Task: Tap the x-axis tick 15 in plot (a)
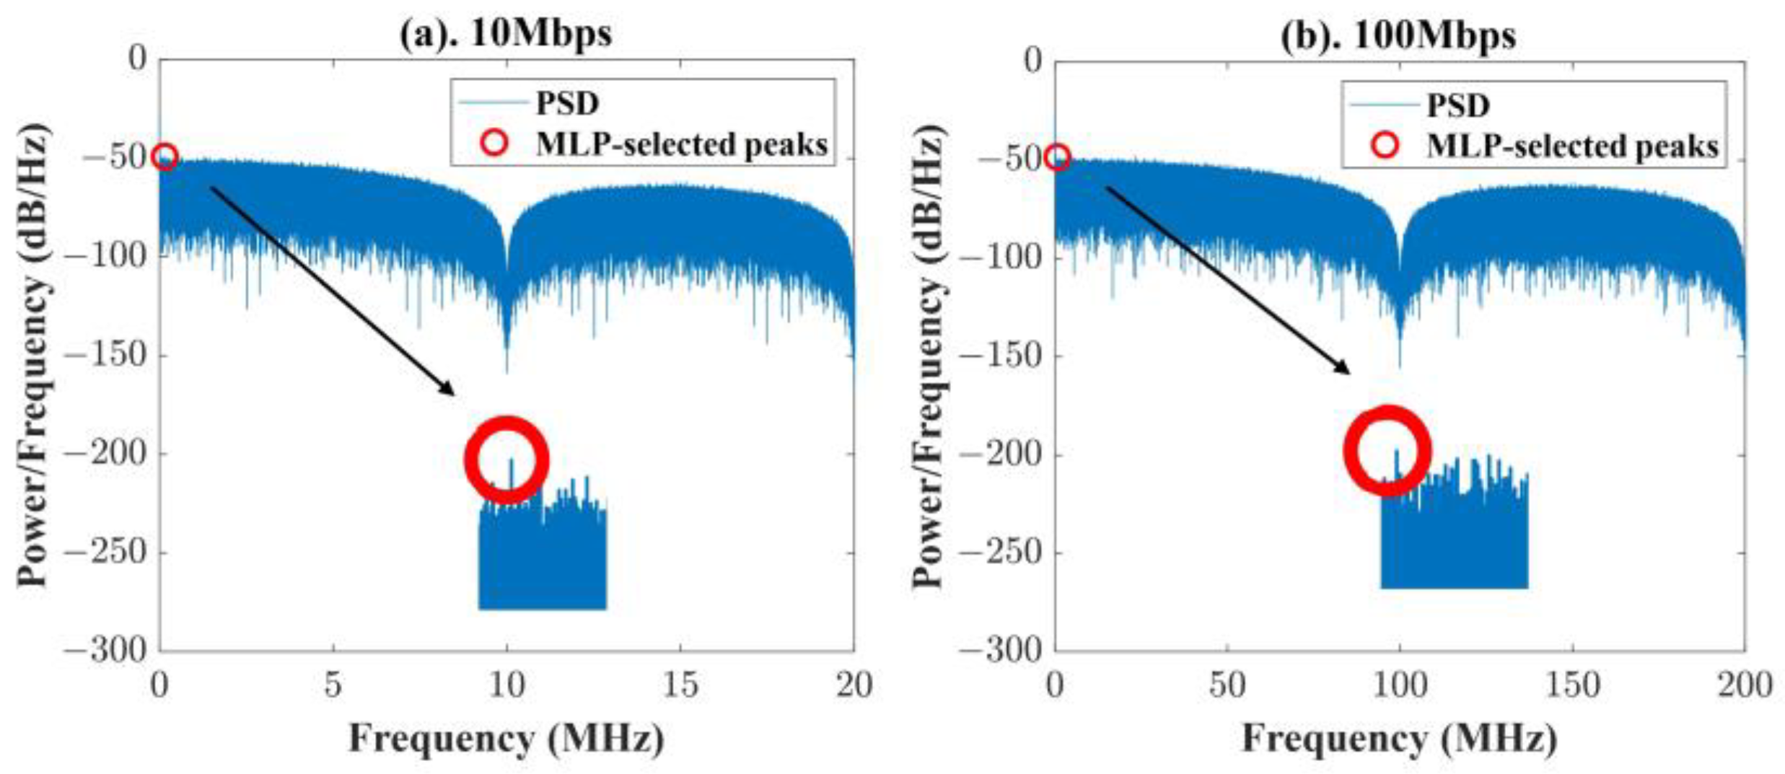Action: (680, 684)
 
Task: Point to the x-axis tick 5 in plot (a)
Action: (333, 684)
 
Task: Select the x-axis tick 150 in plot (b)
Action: (1572, 684)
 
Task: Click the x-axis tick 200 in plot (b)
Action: (1745, 684)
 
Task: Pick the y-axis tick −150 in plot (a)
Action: (107, 355)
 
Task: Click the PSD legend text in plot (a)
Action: (567, 103)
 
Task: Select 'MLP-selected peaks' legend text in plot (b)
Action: (1572, 146)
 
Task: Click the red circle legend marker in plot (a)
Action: (494, 143)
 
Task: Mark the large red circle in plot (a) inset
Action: (507, 459)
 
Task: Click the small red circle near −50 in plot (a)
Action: (165, 157)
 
